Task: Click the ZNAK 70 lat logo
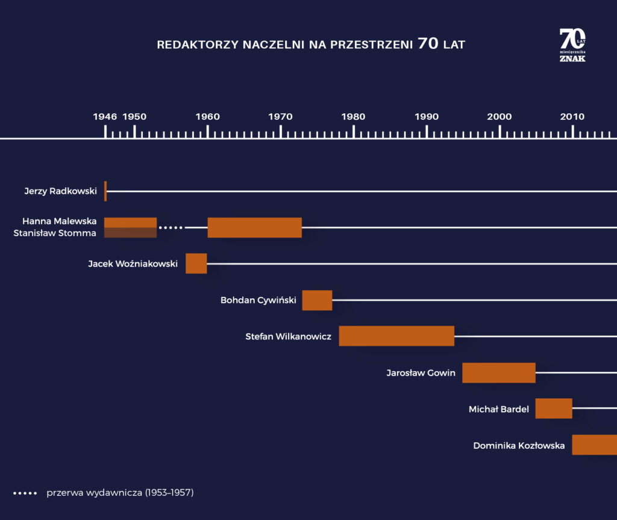click(x=572, y=45)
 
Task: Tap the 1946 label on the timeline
click(x=105, y=116)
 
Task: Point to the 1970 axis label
click(x=280, y=116)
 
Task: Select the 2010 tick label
click(x=572, y=116)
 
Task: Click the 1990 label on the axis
click(x=427, y=116)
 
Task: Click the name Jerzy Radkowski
click(x=60, y=191)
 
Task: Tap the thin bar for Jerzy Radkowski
click(x=105, y=191)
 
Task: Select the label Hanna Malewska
click(x=59, y=221)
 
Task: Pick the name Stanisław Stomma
click(x=55, y=233)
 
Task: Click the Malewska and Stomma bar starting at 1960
click(x=254, y=227)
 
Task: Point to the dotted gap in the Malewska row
click(x=171, y=228)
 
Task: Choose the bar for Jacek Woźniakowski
click(x=196, y=263)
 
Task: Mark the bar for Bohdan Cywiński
click(x=317, y=300)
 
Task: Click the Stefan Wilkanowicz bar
click(x=396, y=336)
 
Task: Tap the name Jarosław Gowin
click(x=421, y=372)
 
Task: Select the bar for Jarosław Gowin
click(x=499, y=372)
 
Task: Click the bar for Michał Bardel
click(x=554, y=409)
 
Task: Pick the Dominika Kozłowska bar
click(x=594, y=445)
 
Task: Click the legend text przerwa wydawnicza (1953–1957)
click(x=120, y=492)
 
